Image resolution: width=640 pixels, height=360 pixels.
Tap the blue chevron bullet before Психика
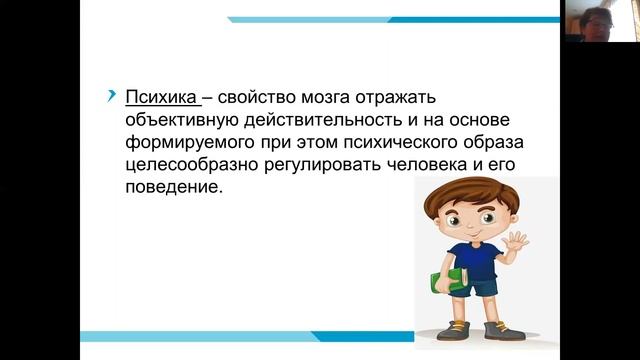click(x=111, y=96)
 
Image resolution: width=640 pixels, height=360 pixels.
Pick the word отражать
click(x=416, y=98)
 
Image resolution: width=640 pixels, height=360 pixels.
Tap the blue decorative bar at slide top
click(x=400, y=19)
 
